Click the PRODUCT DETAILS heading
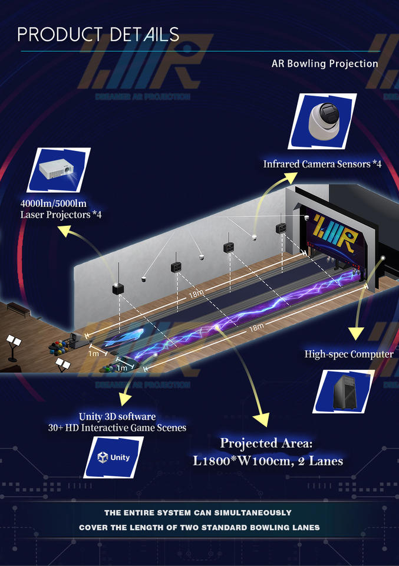tap(98, 34)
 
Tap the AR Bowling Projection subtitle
tap(324, 64)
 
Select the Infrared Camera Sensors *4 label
tap(322, 164)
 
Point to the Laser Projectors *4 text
tap(61, 215)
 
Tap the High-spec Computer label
tap(349, 354)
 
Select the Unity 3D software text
tap(117, 417)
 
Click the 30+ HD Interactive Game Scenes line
tap(117, 428)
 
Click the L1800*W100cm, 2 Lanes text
tap(268, 460)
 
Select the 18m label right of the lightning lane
tap(255, 328)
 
